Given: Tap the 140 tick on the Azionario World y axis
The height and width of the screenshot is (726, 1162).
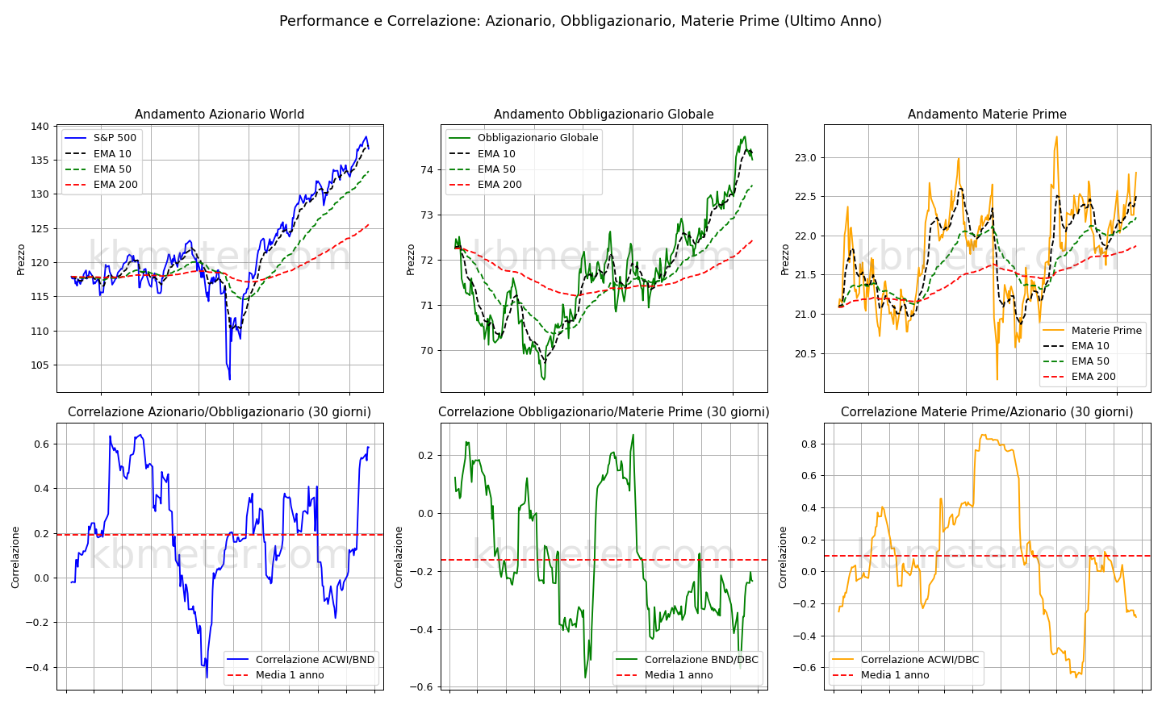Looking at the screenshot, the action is tap(40, 127).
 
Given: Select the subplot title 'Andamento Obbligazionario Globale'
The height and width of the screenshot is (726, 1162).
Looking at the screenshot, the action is tap(604, 114).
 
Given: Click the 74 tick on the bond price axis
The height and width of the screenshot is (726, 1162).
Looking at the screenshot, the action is tap(426, 169).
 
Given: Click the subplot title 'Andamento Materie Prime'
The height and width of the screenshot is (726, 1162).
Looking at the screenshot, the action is tap(987, 114).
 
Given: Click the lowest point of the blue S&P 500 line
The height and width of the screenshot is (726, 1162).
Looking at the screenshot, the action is tap(230, 379).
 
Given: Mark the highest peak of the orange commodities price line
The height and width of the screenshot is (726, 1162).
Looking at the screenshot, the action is tap(1057, 137).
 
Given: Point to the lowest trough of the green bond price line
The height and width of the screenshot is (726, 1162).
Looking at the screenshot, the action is tap(544, 379).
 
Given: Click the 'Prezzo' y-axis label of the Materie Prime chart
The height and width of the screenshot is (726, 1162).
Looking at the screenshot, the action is tap(785, 259).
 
